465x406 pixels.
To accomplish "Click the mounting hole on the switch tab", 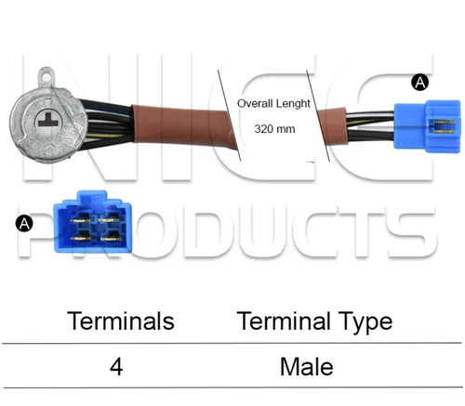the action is tap(47, 75).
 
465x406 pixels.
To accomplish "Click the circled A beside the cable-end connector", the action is tap(420, 83).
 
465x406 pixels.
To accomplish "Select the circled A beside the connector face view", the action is tap(24, 224).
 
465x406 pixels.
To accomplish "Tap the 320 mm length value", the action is tap(274, 128).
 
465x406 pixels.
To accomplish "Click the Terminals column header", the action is tap(121, 321).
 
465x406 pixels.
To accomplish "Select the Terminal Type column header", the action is tap(314, 322).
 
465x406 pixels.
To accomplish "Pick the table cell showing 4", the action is tap(116, 367).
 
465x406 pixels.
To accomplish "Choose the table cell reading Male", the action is tap(307, 367).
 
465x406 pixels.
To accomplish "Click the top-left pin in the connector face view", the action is tap(81, 220).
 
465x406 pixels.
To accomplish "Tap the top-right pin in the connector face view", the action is tap(109, 219).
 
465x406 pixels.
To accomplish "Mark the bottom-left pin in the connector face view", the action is tap(81, 239).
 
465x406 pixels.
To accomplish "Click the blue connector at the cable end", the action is tap(427, 126).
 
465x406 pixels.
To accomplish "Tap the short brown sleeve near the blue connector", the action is tap(333, 125).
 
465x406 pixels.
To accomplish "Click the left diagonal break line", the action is tap(229, 115).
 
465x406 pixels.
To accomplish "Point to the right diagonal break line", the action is tap(318, 115).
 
